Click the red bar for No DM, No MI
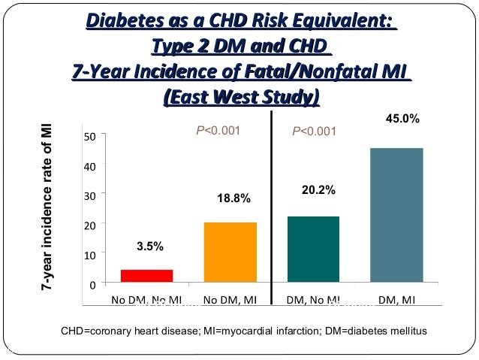146,275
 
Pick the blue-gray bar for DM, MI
396,215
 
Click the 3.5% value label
149,246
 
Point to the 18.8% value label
233,198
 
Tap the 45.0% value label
402,119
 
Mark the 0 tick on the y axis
92,284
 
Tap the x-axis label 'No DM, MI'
230,301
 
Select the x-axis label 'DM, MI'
396,301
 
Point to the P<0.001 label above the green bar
314,131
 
